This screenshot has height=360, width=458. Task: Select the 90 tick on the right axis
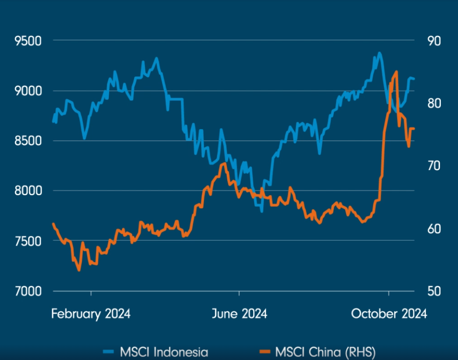(434, 41)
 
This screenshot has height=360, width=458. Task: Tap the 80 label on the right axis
(434, 103)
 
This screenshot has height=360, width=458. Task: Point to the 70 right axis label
(434, 166)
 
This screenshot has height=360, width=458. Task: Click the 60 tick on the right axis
(434, 228)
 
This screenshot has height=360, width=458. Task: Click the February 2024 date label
(91, 314)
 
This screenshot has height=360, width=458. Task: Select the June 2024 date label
(240, 314)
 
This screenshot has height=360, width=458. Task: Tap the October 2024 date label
(389, 314)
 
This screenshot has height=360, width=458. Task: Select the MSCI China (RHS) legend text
(326, 352)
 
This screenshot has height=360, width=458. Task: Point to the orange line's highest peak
(397, 71)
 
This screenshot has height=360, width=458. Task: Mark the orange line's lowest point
(79, 271)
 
